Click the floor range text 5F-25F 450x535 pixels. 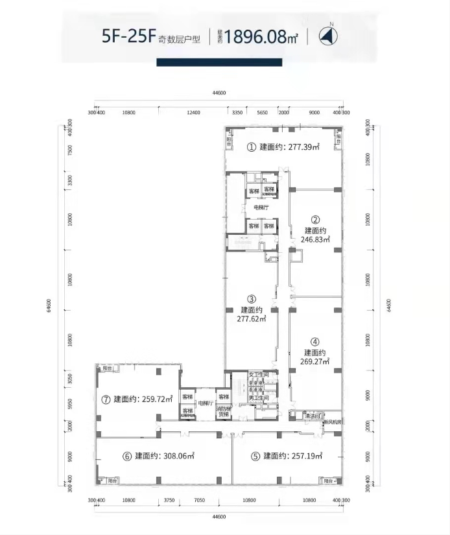[x=128, y=36]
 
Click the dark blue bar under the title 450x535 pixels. [x=219, y=63]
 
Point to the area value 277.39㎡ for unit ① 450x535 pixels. [x=302, y=148]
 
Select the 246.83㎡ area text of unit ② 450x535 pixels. [x=316, y=239]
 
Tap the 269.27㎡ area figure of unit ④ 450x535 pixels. [x=315, y=362]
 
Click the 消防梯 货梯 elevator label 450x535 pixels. [x=224, y=411]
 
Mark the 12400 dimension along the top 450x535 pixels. [x=193, y=113]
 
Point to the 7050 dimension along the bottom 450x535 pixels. [x=200, y=501]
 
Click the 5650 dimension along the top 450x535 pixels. [x=262, y=113]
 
